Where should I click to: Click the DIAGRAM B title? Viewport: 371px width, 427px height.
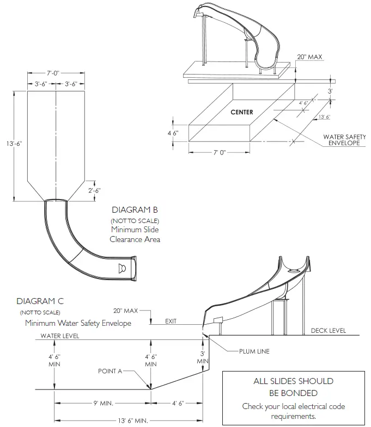pyautogui.click(x=135, y=209)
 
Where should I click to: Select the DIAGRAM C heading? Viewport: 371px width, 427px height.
pyautogui.click(x=40, y=301)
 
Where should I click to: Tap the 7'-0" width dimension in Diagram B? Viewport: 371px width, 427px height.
pyautogui.click(x=52, y=73)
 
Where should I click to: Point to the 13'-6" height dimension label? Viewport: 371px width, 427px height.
pyautogui.click(x=14, y=144)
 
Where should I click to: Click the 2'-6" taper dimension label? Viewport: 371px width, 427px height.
pyautogui.click(x=94, y=190)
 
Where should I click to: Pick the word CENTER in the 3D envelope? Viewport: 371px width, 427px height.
pyautogui.click(x=242, y=112)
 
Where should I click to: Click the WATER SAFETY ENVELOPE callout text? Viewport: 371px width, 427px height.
pyautogui.click(x=344, y=140)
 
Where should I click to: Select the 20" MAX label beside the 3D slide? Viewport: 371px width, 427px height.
pyautogui.click(x=309, y=57)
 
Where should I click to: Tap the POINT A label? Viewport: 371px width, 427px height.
pyautogui.click(x=110, y=371)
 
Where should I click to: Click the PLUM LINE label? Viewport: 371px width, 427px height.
pyautogui.click(x=254, y=351)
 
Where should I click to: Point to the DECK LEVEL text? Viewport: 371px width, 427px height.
pyautogui.click(x=329, y=331)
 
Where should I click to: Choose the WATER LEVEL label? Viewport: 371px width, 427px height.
pyautogui.click(x=60, y=336)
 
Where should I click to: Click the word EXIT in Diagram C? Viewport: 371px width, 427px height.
pyautogui.click(x=171, y=321)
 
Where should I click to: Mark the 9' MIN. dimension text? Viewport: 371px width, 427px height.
pyautogui.click(x=103, y=403)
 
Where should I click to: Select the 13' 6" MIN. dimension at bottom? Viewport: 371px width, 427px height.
pyautogui.click(x=133, y=420)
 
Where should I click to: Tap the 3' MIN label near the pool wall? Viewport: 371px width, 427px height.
pyautogui.click(x=203, y=357)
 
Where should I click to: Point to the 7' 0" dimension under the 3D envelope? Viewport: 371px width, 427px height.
pyautogui.click(x=220, y=152)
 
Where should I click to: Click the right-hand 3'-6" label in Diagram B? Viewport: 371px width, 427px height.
pyautogui.click(x=71, y=84)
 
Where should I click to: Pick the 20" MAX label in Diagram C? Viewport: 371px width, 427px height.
pyautogui.click(x=125, y=311)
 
